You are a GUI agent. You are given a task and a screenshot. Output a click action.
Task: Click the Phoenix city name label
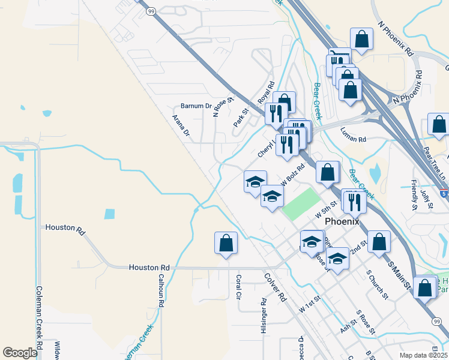(342, 221)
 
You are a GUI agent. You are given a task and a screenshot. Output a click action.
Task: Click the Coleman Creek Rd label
(38, 317)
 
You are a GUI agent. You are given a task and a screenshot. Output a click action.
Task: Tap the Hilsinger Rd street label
(263, 316)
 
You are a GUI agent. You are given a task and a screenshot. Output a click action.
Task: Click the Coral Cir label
(238, 287)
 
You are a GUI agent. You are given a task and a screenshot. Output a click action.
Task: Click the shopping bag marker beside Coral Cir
(226, 243)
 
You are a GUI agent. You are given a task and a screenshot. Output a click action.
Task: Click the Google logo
(20, 353)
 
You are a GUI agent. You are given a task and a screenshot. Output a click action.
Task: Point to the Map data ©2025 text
(423, 356)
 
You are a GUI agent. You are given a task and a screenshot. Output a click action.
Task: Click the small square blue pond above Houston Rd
(109, 214)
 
